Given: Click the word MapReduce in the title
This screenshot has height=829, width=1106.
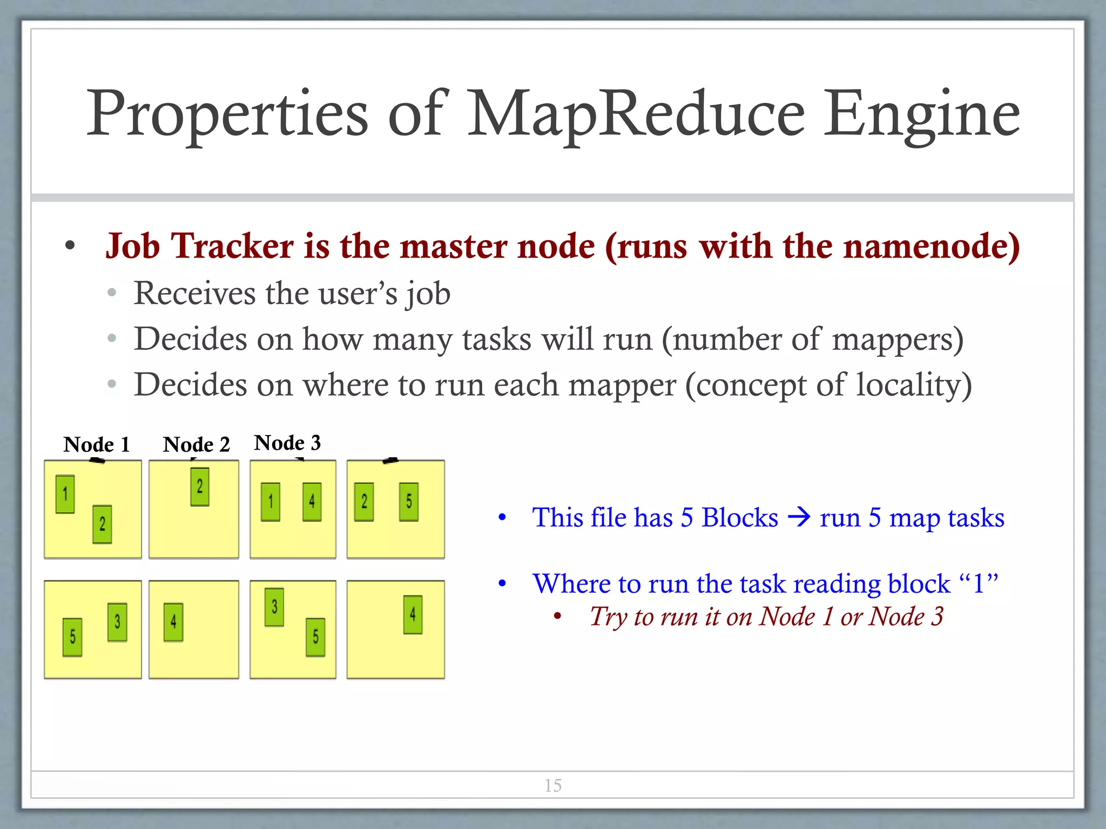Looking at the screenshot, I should (636, 114).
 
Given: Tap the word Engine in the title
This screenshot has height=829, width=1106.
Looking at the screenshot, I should (921, 114).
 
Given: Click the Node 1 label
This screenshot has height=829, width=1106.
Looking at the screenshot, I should (97, 445).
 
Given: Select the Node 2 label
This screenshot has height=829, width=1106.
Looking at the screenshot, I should (197, 445).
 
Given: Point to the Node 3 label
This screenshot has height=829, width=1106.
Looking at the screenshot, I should (287, 443).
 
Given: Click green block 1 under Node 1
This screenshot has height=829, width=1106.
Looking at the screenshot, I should (65, 494).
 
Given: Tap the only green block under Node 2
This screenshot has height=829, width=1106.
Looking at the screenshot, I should (200, 487).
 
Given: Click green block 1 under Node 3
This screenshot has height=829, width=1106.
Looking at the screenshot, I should (271, 502).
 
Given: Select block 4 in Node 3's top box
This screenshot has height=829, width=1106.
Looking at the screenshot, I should (312, 502).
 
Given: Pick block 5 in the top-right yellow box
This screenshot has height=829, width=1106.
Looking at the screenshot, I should (409, 502).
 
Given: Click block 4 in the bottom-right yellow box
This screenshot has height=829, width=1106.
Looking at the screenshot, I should (413, 615).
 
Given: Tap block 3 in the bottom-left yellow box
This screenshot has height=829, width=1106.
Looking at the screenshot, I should (117, 622).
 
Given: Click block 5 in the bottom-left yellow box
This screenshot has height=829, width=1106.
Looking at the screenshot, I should (72, 637).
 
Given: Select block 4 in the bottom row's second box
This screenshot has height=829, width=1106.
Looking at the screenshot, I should (173, 622).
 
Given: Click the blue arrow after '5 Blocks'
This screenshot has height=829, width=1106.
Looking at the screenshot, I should (799, 518).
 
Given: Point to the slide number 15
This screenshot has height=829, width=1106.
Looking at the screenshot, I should (553, 785).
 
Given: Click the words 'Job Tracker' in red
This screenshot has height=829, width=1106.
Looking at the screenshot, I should (200, 246).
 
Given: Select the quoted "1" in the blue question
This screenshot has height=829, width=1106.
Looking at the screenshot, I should (978, 583).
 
